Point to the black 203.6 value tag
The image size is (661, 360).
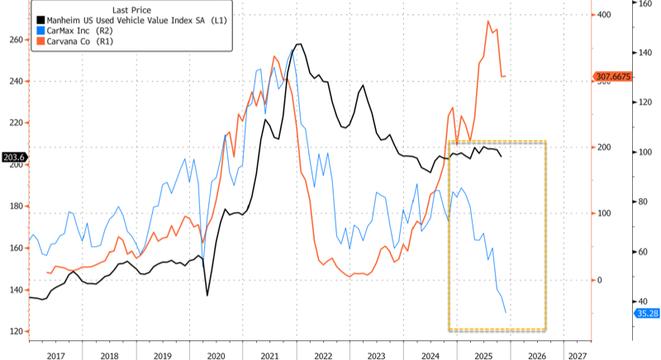click(x=14, y=157)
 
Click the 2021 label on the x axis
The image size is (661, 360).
click(x=269, y=354)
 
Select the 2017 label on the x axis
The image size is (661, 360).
click(x=55, y=354)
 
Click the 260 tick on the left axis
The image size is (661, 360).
click(x=15, y=39)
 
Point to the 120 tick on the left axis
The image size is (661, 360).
click(x=15, y=332)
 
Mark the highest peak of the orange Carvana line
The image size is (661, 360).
click(x=489, y=21)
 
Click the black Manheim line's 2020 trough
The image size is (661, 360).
click(x=207, y=295)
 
